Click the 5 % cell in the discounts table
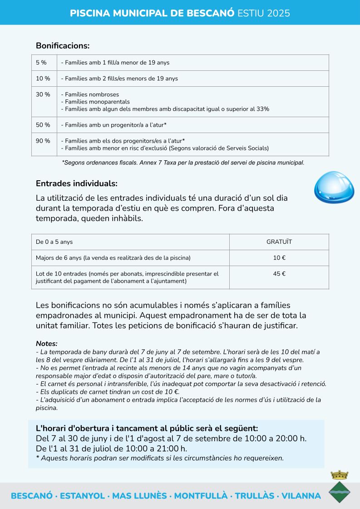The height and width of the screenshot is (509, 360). (44, 63)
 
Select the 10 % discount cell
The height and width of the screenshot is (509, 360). (44, 79)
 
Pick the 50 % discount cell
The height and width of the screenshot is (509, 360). (44, 125)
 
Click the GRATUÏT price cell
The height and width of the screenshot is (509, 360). (279, 242)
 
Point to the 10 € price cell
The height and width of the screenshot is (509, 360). (279, 258)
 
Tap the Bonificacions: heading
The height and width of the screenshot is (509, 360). (63, 46)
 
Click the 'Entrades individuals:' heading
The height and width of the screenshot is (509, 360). (76, 184)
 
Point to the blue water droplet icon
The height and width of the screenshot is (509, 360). (334, 186)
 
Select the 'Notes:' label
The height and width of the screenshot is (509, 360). (47, 344)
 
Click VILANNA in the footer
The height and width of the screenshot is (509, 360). (301, 496)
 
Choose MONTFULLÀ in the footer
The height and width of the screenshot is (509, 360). (201, 496)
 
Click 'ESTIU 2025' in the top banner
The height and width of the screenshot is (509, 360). (264, 13)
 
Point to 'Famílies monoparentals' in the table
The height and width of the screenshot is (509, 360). (97, 102)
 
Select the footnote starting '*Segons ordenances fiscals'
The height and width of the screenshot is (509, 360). (183, 162)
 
